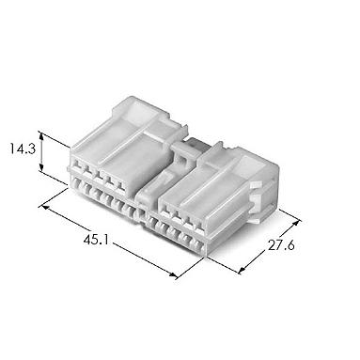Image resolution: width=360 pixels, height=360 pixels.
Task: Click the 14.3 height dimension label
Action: click(x=22, y=149)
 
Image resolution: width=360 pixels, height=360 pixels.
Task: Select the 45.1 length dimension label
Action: click(x=96, y=240)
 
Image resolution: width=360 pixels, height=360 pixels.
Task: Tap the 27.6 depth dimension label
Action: click(x=281, y=245)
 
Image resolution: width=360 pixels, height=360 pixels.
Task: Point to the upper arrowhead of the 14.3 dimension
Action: click(x=41, y=134)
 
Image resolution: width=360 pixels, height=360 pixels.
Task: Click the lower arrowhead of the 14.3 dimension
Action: click(x=41, y=168)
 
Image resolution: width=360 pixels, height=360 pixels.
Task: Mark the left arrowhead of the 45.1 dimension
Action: click(x=44, y=207)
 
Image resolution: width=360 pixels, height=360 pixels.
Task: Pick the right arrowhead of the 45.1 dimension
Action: click(x=173, y=274)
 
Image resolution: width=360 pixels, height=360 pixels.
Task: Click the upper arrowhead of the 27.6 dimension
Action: click(x=296, y=224)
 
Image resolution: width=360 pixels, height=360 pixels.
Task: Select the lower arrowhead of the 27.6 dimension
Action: click(x=242, y=270)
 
